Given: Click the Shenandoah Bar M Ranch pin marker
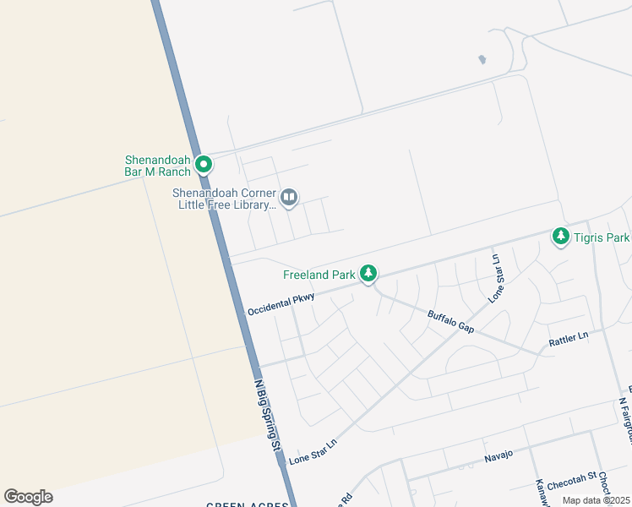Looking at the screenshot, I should [x=203, y=163].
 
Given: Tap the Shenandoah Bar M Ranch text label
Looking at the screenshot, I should [x=157, y=165].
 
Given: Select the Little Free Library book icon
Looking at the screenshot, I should [x=289, y=198].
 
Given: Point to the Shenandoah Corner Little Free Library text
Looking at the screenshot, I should [x=225, y=199].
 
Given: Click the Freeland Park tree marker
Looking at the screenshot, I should [x=368, y=273].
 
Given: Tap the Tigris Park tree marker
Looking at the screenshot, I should [x=560, y=237].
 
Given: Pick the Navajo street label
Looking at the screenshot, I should [x=499, y=456].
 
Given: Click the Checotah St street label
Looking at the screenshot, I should [x=572, y=486].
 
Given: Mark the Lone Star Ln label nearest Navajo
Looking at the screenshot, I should [x=313, y=452].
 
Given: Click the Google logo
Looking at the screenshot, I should [x=28, y=497].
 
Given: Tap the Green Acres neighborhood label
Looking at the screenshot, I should [x=248, y=504].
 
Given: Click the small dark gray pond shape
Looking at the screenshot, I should [x=482, y=60].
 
